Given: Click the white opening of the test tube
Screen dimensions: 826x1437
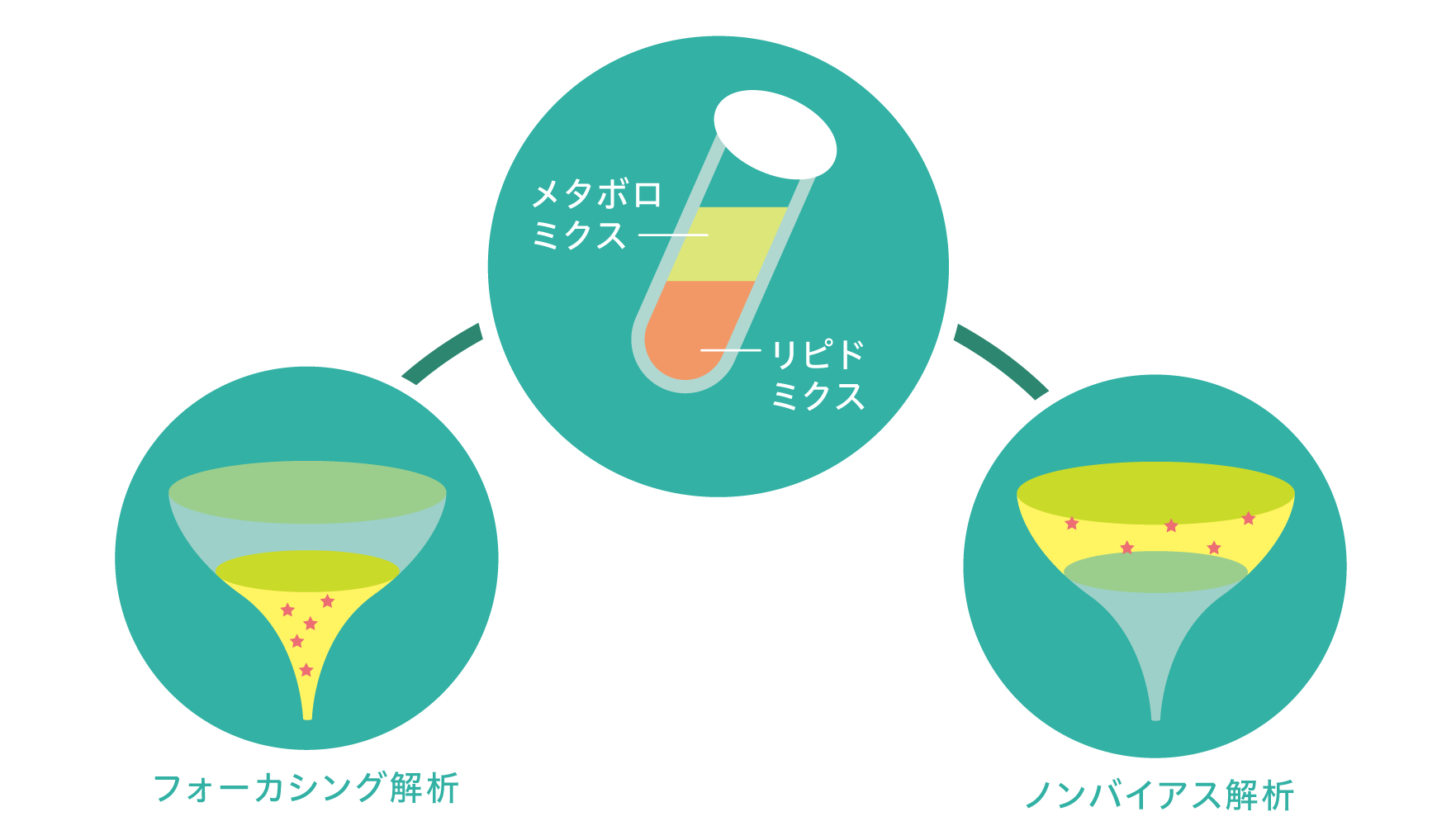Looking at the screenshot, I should pos(775,134).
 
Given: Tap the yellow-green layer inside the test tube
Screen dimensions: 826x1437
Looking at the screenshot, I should pos(727,243).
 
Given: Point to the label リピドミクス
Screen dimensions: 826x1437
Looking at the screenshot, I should pos(818,376).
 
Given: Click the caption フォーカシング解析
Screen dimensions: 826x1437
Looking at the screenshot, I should pos(306,788).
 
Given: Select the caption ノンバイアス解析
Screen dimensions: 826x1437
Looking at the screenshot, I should pos(1159,795).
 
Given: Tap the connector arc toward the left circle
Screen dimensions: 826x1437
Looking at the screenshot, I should pos(442,353).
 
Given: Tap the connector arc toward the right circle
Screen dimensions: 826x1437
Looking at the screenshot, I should pos(1001,359).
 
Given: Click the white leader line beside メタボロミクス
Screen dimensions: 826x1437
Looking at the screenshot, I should pos(673,235).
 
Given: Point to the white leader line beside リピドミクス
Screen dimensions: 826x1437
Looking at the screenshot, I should pos(731,350).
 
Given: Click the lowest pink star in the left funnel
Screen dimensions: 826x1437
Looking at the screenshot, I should pos(306,670).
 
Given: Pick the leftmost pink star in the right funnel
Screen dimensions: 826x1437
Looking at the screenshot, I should pos(1072,523).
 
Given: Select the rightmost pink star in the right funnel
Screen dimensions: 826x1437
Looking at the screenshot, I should pos(1249,519).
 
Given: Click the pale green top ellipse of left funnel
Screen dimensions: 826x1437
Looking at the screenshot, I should pos(307,491).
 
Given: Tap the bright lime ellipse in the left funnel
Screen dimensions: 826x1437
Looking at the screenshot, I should pos(307,571).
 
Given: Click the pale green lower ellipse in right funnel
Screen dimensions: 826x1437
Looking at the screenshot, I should pos(1155,572).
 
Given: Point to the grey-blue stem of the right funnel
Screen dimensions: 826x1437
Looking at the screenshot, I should pos(1155,661).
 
